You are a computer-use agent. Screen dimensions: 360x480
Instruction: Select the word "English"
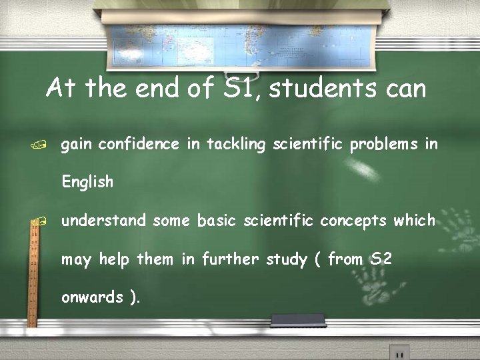(87, 181)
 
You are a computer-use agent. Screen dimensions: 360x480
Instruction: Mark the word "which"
(415, 220)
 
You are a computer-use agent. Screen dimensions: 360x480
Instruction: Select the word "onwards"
(93, 297)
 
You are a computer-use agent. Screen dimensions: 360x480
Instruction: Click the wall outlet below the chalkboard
(399, 352)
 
